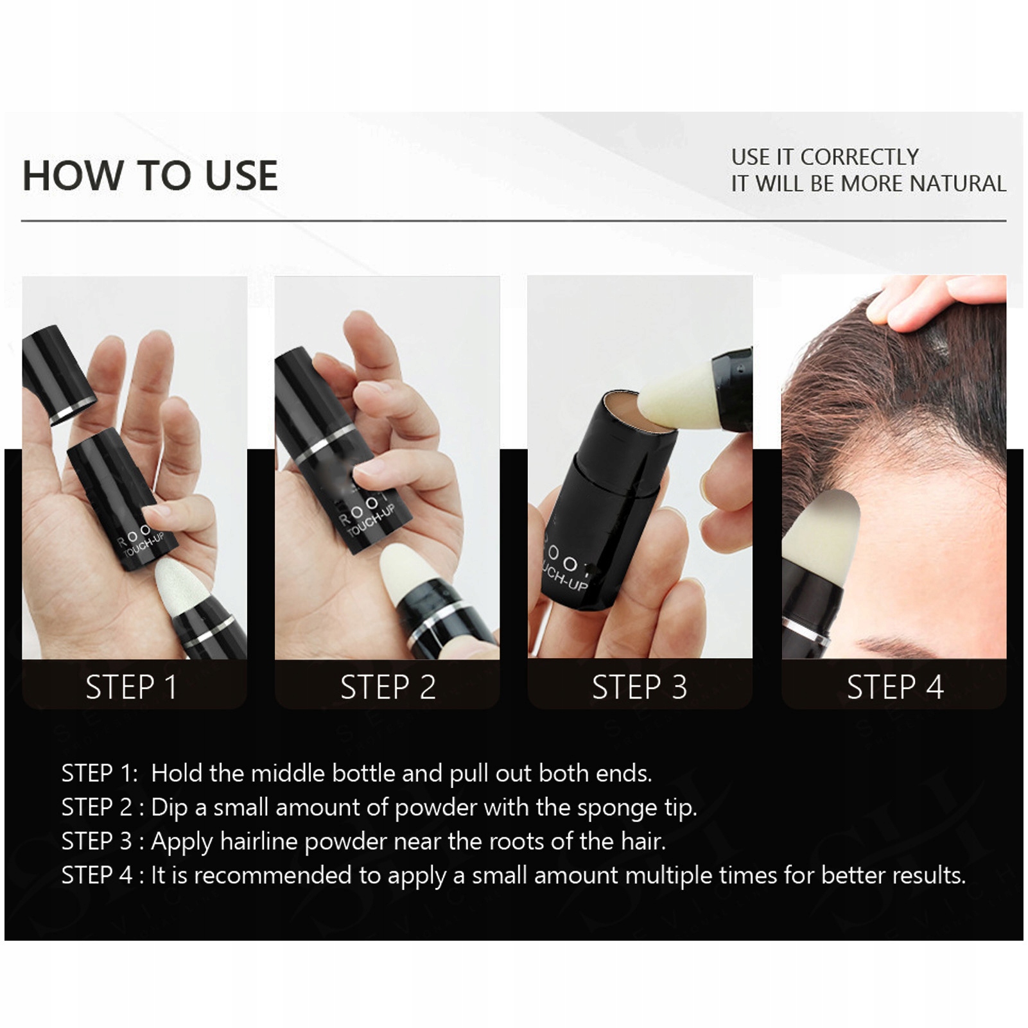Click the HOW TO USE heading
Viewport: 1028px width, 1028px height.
click(150, 175)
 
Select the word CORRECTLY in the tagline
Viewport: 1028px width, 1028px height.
click(859, 157)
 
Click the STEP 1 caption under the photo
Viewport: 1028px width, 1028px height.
click(131, 687)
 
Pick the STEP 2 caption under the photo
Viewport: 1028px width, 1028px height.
click(388, 687)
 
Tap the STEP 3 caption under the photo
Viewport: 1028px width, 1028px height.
click(640, 687)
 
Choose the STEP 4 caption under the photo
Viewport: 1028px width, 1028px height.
click(895, 687)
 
